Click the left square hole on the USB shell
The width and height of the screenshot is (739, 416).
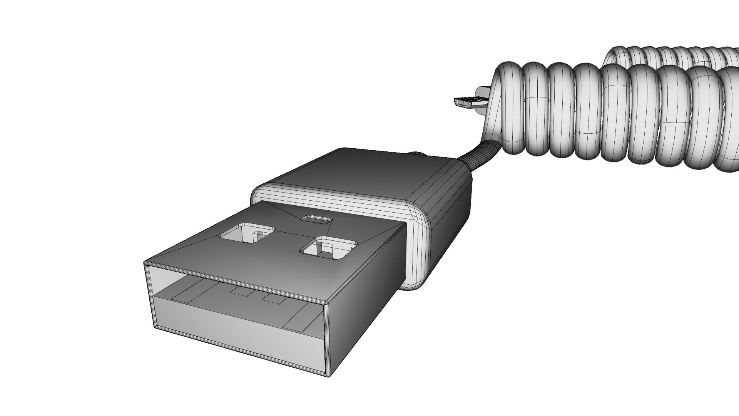click(247, 233)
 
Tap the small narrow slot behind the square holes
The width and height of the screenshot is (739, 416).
click(316, 219)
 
